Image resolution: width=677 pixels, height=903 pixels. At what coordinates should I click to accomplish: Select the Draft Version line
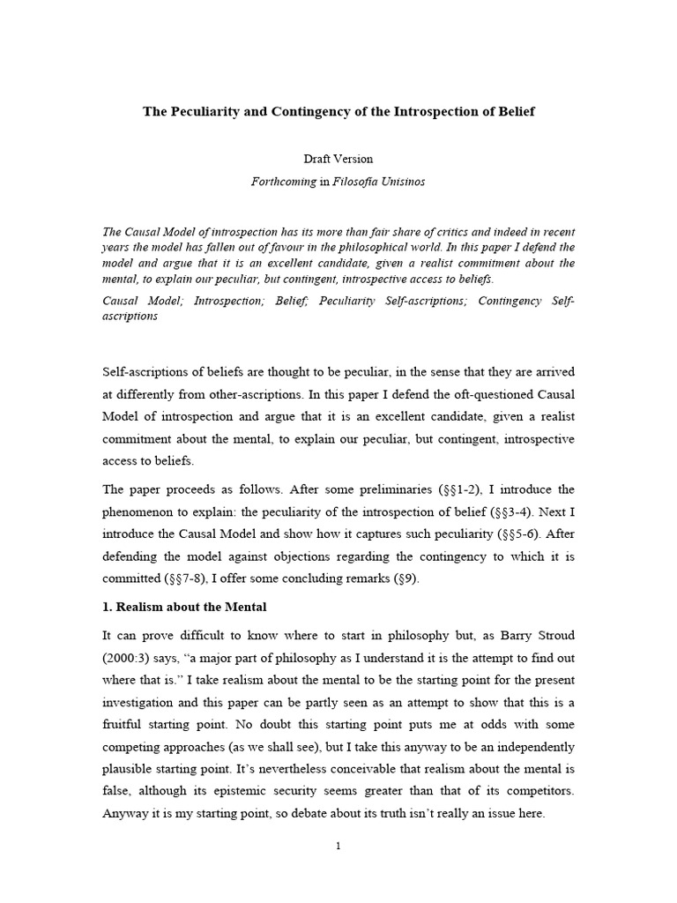(x=338, y=159)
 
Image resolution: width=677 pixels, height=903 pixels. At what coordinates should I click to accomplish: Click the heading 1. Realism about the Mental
(x=185, y=607)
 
